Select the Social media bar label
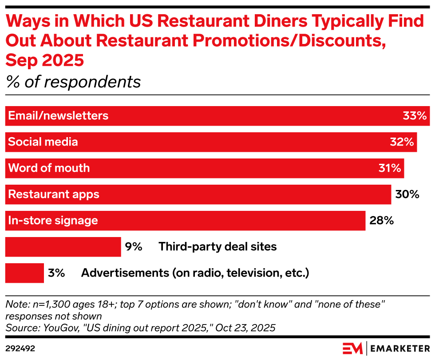pos(43,142)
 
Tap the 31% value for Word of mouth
pos(390,168)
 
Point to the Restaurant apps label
pos(54,194)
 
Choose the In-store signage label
pos(53,221)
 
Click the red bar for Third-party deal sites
pos(63,247)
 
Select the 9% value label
pos(133,247)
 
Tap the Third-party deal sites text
pos(217,247)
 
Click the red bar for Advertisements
pos(24,273)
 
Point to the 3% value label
pos(56,273)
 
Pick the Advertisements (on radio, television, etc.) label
pos(194,273)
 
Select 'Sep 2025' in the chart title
pos(44,60)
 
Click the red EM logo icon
pos(352,348)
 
